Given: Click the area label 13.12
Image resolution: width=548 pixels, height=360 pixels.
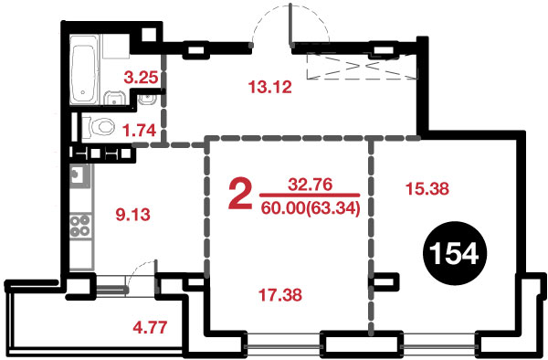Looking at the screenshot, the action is tap(269, 87).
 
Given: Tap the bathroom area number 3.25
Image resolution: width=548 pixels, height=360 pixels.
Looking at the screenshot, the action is tap(141, 78).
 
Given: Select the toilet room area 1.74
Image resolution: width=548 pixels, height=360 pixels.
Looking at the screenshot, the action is tap(139, 130).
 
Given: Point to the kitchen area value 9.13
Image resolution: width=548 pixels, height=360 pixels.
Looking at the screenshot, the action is tap(132, 214).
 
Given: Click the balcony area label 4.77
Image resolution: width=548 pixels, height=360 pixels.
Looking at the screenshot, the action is tap(151, 327).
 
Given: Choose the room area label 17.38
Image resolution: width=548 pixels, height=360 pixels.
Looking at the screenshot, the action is tap(280, 294).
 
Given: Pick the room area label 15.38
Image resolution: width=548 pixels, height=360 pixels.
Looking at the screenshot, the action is tap(427, 189).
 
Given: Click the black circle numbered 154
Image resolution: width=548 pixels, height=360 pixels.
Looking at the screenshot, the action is tap(455, 253).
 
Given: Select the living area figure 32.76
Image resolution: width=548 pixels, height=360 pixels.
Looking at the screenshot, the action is tap(310, 185).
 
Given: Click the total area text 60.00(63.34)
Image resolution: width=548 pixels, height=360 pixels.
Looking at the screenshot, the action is tap(311, 208).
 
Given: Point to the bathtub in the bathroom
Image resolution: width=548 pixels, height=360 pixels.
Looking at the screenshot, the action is tap(84, 69).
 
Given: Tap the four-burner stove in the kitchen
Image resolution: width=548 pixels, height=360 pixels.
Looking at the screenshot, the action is tap(80, 226).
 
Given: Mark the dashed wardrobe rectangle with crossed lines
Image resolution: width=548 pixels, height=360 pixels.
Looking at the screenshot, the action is tap(362, 66).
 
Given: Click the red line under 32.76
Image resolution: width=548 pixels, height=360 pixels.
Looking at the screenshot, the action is tap(310, 195).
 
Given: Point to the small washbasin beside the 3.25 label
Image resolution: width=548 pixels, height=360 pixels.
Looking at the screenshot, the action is tap(148, 100).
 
